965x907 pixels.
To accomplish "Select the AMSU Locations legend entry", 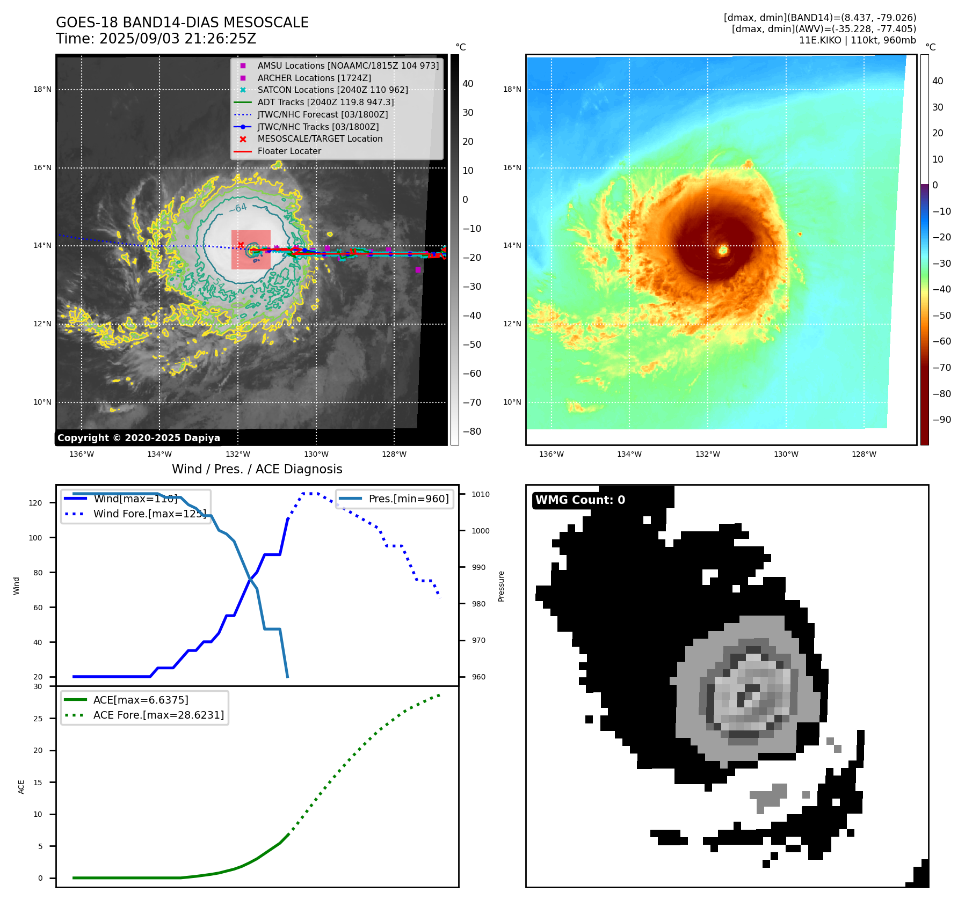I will coord(348,65).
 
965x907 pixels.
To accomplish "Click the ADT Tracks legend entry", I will coord(325,102).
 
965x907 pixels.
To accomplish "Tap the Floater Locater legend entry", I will coord(289,151).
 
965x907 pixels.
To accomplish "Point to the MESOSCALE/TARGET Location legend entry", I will coord(320,138).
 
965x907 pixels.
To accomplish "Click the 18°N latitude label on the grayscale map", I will coord(42,90).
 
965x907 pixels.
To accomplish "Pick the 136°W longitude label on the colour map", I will coord(552,454).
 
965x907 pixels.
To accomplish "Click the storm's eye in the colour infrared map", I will coord(723,250).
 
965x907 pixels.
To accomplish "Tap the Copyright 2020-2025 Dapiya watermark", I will coord(139,438).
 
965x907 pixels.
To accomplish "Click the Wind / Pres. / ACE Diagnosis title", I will coord(257,469).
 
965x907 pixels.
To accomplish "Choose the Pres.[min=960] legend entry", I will coord(408,499).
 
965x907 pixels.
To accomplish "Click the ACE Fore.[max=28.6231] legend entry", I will coord(158,715).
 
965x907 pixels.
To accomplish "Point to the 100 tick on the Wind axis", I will coord(35,538).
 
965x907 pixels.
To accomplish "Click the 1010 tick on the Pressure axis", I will coord(481,494).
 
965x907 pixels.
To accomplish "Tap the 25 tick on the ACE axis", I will coord(38,719).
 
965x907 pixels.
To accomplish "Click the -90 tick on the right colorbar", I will coord(941,420).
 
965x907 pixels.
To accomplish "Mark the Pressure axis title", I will coord(501,586).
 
